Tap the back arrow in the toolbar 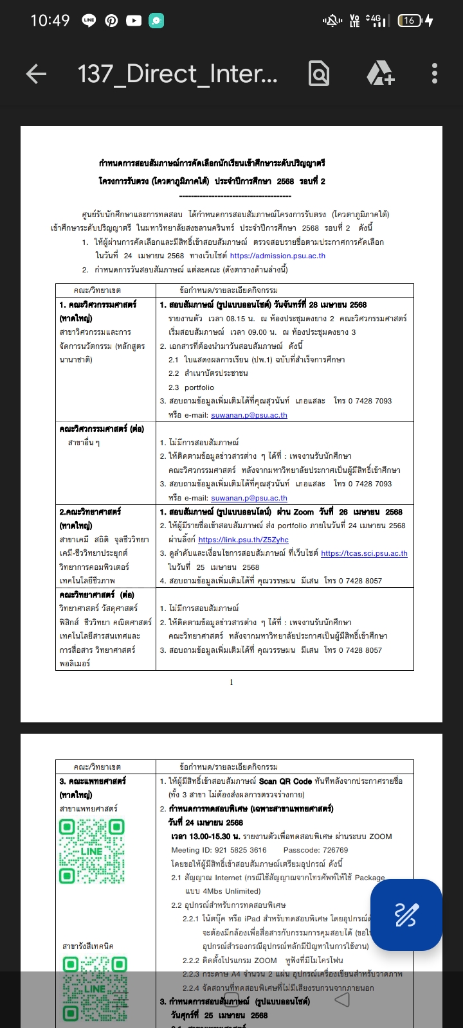pos(36,75)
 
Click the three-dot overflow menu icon pos(435,74)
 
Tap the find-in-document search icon pos(319,74)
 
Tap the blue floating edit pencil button pos(406,914)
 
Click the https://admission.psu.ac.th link pos(277,256)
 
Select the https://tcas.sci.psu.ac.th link pos(364,553)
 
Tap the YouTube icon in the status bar pos(134,21)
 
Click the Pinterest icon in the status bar pos(111,21)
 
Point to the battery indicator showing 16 pos(410,21)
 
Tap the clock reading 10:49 pos(50,21)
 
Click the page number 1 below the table pos(232,682)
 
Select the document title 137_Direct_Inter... pos(177,75)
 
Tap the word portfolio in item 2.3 pos(199,387)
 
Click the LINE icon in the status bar pos(89,21)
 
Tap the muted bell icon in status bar pos(332,21)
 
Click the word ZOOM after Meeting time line pos(380,837)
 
